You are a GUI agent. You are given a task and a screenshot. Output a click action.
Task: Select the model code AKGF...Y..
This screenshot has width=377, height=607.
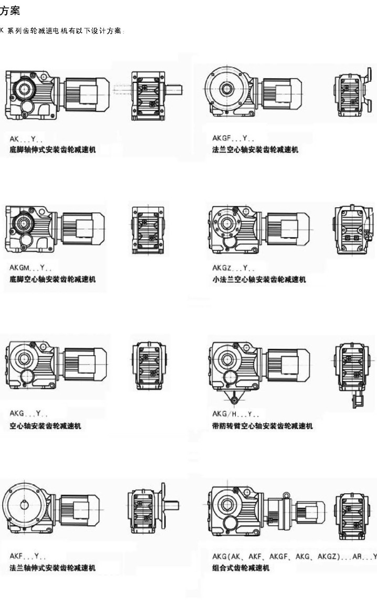pos(233,138)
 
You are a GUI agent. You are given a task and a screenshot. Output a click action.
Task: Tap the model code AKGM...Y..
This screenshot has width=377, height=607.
pos(30,268)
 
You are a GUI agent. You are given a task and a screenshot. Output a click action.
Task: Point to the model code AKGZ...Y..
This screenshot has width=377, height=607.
pos(233,268)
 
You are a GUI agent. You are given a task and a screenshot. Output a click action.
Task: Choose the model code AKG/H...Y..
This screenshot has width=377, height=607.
pos(235,414)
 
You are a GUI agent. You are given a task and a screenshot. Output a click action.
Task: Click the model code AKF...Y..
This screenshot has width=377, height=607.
pos(27,556)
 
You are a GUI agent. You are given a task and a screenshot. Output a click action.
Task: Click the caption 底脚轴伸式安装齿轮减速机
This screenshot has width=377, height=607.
pos(53,150)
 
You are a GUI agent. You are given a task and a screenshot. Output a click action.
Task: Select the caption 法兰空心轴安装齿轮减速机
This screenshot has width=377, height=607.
pos(255,150)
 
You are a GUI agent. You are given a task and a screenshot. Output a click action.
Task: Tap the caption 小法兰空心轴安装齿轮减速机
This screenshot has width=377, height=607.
pos(259,280)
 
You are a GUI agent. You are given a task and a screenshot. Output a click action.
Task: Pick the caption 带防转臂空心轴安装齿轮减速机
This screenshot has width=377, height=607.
pos(263,426)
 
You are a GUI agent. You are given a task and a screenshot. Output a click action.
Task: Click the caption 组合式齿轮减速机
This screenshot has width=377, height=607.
pos(240,568)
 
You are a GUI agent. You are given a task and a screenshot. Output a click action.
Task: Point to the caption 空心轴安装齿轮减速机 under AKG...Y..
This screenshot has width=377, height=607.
pos(45,426)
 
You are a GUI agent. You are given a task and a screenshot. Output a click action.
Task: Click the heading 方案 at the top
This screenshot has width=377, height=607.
pos(9,10)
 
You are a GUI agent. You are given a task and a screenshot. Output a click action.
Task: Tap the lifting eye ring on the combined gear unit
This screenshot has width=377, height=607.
pos(286,495)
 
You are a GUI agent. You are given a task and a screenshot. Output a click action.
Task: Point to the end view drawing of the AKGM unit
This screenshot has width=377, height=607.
pos(148,230)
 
